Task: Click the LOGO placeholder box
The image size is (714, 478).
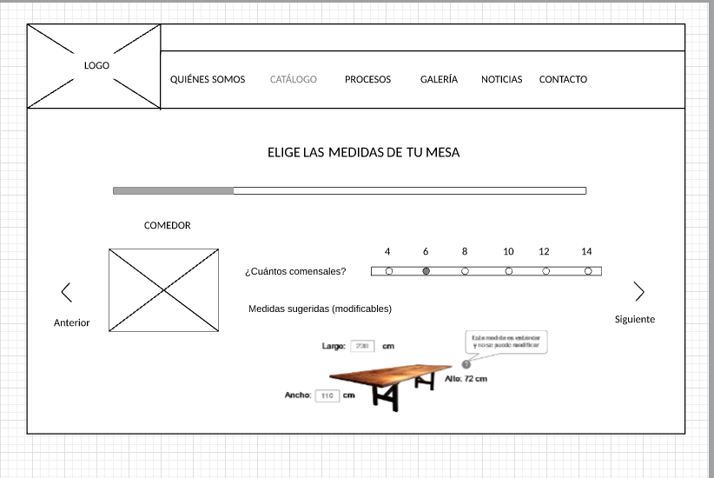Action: [x=94, y=66]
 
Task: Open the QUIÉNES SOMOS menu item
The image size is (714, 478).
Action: [x=208, y=79]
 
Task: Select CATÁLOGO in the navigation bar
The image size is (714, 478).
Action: [x=294, y=79]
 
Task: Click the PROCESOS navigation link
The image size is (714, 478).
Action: [x=367, y=79]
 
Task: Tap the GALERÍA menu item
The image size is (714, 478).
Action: [x=439, y=79]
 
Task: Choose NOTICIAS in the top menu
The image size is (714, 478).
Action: [x=502, y=79]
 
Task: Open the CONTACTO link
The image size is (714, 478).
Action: [x=563, y=79]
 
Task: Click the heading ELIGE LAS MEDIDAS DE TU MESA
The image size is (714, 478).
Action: [x=363, y=153]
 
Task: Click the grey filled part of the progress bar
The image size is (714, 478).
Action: [x=173, y=190]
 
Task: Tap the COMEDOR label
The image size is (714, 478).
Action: [x=168, y=225]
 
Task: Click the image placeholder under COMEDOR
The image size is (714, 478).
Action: [x=164, y=290]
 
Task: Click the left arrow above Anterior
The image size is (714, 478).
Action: [x=66, y=292]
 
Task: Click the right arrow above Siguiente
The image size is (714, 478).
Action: [x=639, y=292]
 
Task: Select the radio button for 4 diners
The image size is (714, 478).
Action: [x=388, y=271]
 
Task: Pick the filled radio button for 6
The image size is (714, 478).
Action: [x=426, y=271]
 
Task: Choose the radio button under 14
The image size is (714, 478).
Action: [x=588, y=271]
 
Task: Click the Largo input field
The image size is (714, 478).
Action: [x=362, y=346]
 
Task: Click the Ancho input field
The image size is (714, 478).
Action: [x=327, y=395]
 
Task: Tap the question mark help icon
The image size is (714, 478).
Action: [x=466, y=364]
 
